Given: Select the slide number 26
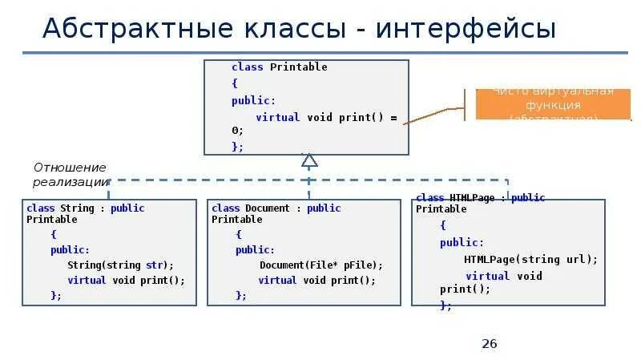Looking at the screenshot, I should coord(490,344).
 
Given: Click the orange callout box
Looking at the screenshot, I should coord(553,104).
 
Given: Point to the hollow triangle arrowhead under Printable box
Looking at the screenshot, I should coord(309,160).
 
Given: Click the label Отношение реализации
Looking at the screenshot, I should coord(70,175).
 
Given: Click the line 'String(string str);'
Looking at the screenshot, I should coord(120,265).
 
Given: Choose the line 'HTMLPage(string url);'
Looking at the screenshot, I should coord(530,259).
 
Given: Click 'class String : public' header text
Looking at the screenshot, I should coord(86,208).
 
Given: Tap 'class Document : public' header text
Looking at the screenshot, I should coord(276,208).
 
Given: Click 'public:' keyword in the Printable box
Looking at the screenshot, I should coord(253,100).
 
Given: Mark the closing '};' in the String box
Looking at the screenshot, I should coord(56,295).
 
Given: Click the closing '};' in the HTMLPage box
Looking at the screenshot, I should coord(446,305).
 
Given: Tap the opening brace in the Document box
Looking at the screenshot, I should coord(238,234).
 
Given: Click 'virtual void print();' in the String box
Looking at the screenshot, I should coord(126,281).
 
